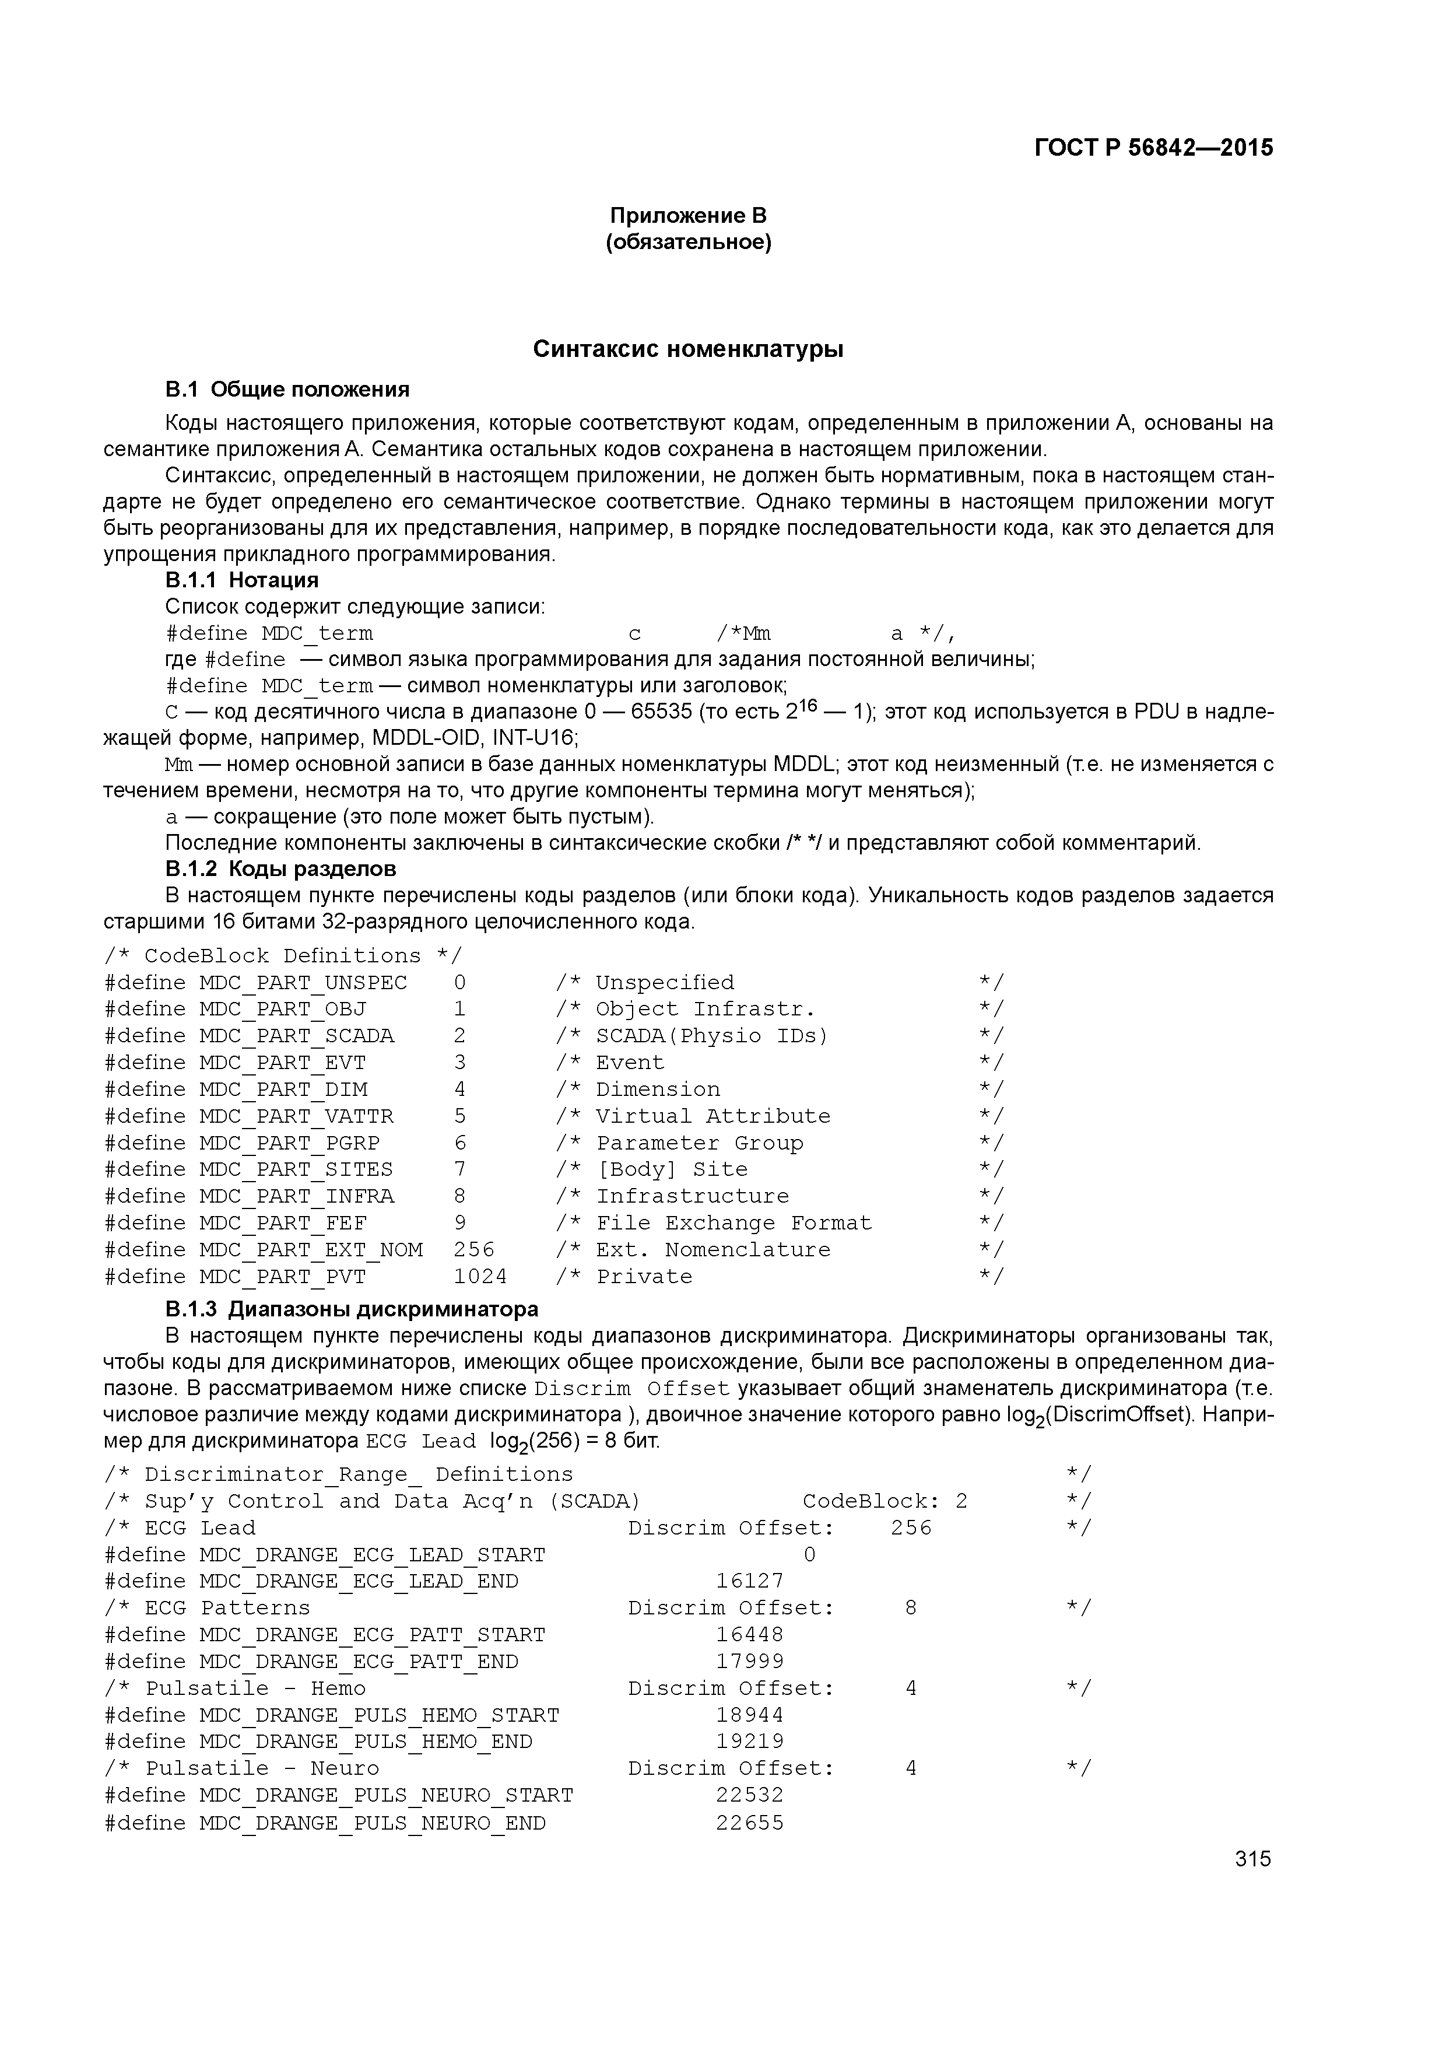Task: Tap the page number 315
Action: pos(1252,1859)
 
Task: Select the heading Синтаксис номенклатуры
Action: pos(688,349)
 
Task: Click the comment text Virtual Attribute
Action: pos(713,1116)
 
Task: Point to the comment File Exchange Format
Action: pos(734,1224)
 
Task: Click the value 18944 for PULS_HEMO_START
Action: pos(749,1715)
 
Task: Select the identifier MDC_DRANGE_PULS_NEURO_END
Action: pos(373,1823)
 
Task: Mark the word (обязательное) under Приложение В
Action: pos(688,243)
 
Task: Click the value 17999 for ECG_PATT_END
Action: pos(749,1661)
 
